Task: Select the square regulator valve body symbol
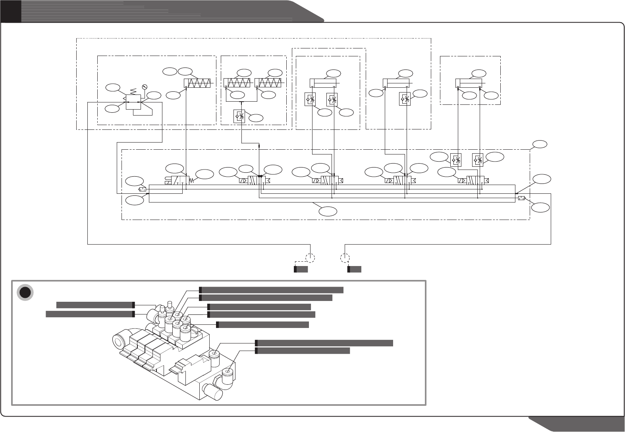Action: (133, 102)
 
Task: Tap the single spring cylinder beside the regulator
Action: (199, 84)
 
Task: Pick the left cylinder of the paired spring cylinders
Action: (237, 83)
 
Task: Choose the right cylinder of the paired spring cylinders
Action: (268, 83)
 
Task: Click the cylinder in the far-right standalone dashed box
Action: (469, 83)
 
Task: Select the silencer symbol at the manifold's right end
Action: (522, 198)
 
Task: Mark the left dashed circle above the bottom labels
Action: (310, 258)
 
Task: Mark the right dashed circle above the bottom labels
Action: (345, 258)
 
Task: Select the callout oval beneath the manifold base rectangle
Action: (329, 211)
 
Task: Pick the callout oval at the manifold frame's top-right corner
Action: (539, 144)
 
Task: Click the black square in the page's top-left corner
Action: (10, 11)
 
